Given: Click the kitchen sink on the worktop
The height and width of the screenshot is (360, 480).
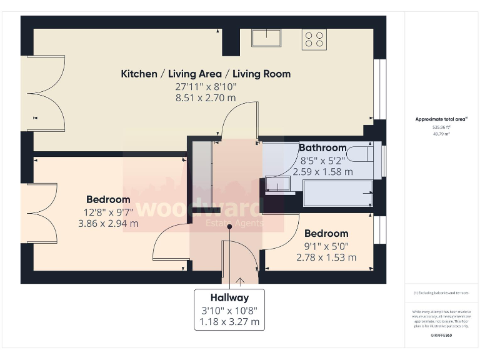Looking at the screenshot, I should (266, 38).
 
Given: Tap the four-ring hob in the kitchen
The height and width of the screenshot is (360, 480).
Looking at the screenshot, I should (314, 39).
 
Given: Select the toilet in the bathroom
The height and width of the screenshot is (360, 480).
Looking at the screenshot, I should (362, 154).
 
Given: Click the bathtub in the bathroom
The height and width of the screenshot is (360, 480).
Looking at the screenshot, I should (337, 193).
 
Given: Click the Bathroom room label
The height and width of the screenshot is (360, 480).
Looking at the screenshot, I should (322, 148).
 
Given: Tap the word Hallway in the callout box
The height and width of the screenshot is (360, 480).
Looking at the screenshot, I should (229, 298).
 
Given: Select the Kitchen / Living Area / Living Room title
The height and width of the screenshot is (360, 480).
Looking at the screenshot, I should (206, 74).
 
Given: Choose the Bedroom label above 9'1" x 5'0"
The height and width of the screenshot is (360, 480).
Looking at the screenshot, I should (326, 234).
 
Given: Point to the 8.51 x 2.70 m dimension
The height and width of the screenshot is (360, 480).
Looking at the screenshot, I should (206, 98).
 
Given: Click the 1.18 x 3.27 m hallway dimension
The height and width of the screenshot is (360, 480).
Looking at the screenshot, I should (229, 323).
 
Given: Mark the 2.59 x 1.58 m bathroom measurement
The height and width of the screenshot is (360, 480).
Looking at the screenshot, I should (323, 171).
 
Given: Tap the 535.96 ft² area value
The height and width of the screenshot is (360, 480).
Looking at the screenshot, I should (442, 126).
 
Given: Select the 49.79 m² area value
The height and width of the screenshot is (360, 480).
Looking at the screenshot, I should (442, 133).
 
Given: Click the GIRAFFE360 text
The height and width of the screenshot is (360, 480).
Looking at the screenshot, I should (441, 336).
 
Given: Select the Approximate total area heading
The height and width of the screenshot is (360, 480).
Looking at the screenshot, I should (441, 119).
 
